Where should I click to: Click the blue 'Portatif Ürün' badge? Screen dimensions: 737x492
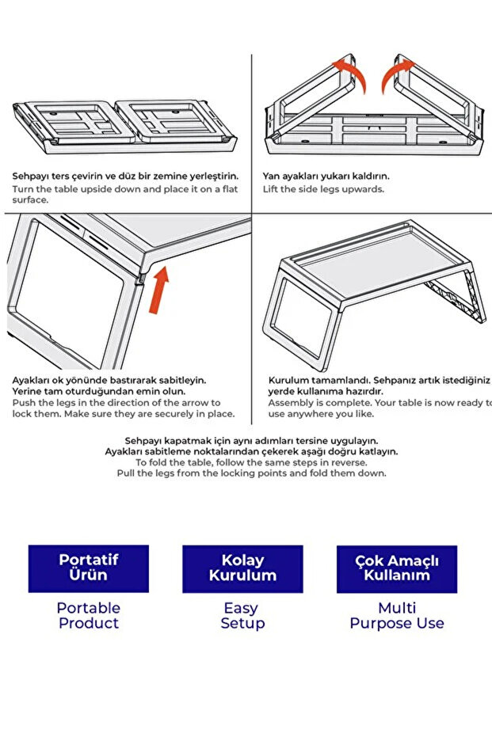pos(89,568)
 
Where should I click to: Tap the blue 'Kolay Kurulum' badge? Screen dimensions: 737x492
pos(242,568)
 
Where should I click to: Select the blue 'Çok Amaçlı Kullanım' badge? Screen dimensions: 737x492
pos(396,568)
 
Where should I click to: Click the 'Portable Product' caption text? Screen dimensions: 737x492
pos(89,615)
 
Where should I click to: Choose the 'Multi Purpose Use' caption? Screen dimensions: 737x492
pos(397,615)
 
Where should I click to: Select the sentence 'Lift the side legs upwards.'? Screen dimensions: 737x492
pos(323,189)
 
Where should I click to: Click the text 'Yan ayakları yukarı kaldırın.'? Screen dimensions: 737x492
pos(326,177)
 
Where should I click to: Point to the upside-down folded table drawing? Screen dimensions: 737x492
pos(125,127)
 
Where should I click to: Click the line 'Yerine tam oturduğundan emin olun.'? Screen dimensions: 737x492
pos(98,391)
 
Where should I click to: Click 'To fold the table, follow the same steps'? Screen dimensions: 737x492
pos(251,462)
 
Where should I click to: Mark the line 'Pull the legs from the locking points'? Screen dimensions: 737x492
pos(251,473)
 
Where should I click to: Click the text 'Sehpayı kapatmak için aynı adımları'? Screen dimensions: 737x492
pos(251,440)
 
